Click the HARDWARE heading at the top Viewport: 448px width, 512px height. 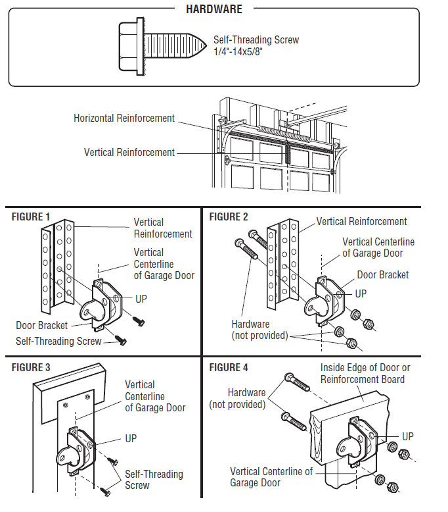(x=214, y=9)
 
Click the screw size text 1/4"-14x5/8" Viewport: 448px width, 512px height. (x=238, y=51)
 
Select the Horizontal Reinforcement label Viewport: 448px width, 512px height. (x=123, y=118)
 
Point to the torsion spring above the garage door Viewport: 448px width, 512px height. (x=284, y=134)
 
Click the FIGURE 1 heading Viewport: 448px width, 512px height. (x=31, y=217)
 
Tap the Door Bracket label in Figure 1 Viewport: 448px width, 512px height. (x=41, y=325)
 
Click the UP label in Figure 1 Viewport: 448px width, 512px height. (x=141, y=299)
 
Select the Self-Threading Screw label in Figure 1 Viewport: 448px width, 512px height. (x=58, y=341)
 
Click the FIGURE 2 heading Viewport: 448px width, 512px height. (x=229, y=217)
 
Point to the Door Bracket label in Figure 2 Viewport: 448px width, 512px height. (x=383, y=274)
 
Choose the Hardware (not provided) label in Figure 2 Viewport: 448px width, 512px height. (x=259, y=330)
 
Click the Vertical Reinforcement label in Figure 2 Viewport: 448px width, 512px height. (x=362, y=221)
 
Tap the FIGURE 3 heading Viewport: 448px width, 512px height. (x=31, y=367)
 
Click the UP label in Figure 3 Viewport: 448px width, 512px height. (x=131, y=438)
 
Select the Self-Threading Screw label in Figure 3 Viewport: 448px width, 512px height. (x=154, y=479)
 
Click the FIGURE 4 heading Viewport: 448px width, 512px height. (x=229, y=367)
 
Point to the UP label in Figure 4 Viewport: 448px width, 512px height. (x=408, y=436)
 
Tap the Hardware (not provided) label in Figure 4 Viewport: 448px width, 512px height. (x=238, y=398)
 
